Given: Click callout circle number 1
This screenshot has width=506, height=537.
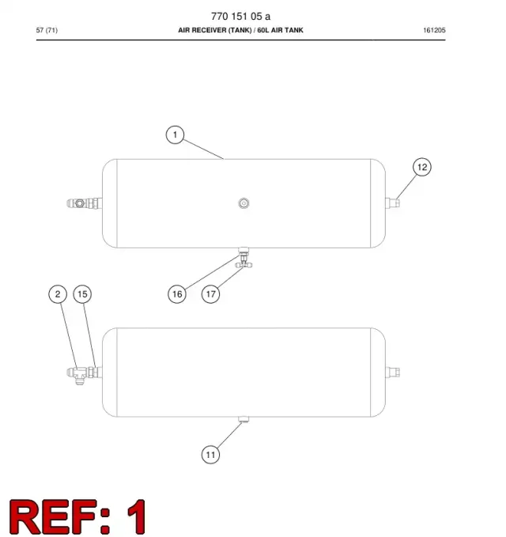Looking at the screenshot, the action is click(175, 134).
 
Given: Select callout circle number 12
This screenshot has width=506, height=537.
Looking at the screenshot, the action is click(421, 167).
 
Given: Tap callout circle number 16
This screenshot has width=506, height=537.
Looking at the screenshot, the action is click(177, 294).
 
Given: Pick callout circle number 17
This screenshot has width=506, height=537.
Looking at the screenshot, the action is click(210, 294).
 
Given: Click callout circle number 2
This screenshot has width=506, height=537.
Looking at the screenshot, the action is click(58, 294).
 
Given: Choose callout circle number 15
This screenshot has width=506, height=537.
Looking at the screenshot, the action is click(82, 294).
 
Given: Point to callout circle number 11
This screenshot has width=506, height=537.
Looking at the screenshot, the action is click(210, 455).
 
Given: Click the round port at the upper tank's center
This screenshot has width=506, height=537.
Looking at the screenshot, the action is click(244, 203).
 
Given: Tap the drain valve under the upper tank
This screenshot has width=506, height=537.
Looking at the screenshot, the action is click(244, 258).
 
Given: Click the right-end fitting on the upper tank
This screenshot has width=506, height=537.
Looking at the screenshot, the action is click(392, 202).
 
